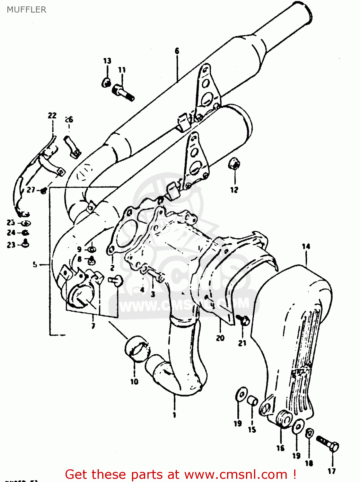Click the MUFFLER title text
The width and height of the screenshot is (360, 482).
[27, 10]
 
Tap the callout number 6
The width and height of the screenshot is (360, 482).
[177, 51]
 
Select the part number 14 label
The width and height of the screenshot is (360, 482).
[306, 246]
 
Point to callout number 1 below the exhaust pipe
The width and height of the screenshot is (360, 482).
[174, 415]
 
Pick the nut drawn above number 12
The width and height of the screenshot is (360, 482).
[234, 164]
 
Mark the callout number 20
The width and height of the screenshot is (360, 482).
[220, 338]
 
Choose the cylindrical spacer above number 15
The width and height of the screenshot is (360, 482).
[252, 401]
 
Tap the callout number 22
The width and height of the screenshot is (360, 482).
[52, 115]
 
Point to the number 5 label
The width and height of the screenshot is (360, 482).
[35, 264]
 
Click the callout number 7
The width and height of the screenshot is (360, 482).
[93, 326]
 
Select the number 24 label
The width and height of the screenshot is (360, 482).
[11, 233]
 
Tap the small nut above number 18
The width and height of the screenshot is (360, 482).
[309, 433]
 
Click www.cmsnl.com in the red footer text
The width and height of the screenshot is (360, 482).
[236, 474]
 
